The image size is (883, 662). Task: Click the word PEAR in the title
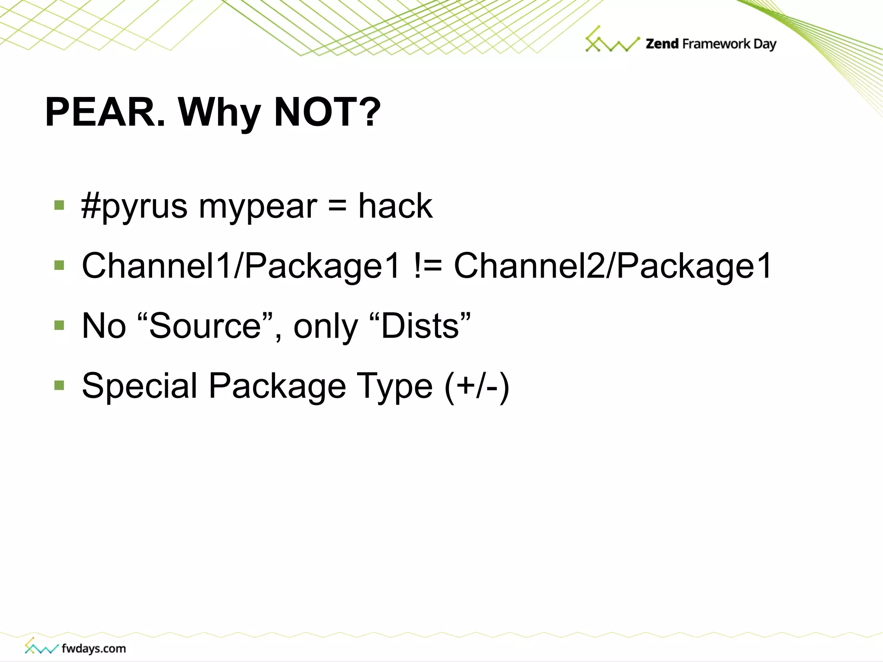point(106,112)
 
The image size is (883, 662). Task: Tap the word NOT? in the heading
point(327,112)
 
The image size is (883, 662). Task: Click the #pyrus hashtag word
point(134,207)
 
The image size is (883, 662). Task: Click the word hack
point(395,206)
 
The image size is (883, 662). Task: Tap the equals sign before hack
point(337,206)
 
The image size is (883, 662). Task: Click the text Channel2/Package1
point(613,267)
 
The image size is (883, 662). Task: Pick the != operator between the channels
point(427,267)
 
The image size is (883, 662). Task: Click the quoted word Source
point(205,326)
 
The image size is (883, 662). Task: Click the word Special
point(139,386)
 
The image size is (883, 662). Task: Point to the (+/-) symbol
point(477,386)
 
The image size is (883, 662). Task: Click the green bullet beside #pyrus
point(59,205)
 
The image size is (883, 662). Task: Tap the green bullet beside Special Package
point(59,385)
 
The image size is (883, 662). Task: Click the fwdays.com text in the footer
point(94,648)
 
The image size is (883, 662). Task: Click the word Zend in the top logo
point(662,44)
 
